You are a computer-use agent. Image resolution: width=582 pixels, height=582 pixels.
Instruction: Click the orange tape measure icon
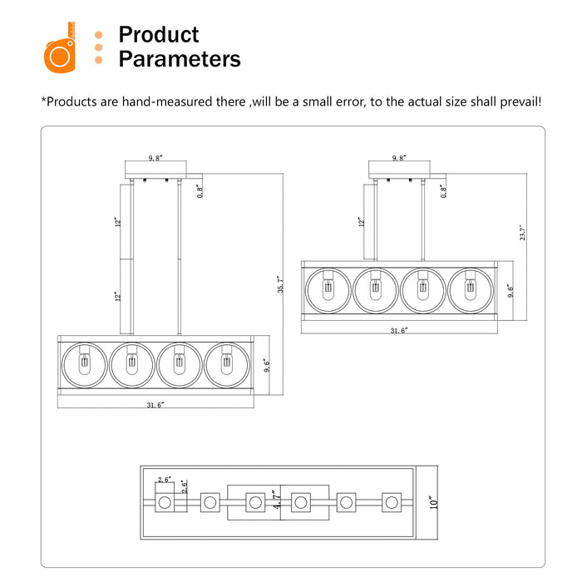click(60, 47)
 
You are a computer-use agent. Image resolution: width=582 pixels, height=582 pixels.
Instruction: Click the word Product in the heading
click(159, 35)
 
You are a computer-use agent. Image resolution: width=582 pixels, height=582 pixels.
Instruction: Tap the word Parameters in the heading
click(180, 59)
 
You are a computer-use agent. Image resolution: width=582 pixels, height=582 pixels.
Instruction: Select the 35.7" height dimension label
click(281, 284)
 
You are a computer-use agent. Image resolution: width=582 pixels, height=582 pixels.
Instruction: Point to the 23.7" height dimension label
click(523, 232)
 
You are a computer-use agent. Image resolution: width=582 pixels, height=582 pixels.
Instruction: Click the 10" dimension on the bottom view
click(433, 502)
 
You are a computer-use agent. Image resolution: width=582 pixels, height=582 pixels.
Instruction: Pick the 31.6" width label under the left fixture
click(155, 405)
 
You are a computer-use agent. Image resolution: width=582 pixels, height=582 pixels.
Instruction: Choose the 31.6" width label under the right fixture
click(399, 330)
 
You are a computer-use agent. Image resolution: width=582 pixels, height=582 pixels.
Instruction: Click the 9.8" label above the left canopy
click(156, 158)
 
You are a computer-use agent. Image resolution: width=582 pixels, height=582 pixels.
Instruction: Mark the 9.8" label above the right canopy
click(399, 158)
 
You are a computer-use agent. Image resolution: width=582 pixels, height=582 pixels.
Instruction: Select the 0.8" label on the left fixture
click(200, 191)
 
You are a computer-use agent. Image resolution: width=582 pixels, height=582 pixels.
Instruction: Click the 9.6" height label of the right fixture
click(510, 291)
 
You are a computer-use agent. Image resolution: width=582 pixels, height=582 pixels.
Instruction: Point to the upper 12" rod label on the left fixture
click(118, 222)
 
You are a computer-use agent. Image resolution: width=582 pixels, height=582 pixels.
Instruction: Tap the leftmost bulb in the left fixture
click(85, 364)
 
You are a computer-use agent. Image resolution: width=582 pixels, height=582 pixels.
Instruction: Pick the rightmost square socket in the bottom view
click(392, 502)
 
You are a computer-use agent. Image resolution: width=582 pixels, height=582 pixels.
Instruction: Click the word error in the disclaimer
click(350, 101)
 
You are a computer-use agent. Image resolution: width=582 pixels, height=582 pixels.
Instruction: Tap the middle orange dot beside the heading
click(98, 47)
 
